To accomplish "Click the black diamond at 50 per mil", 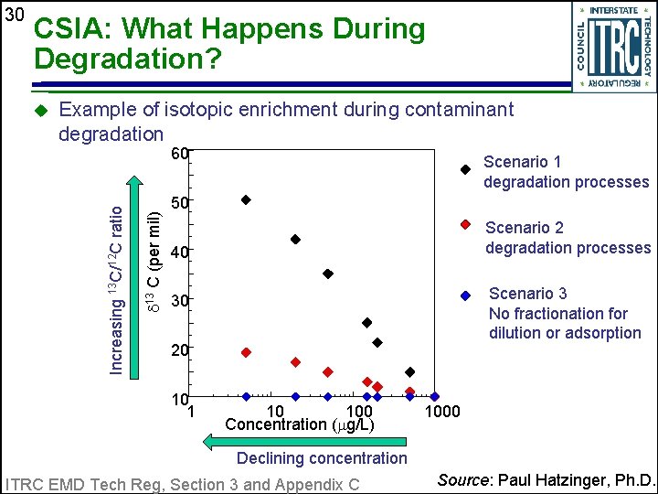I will [246, 199].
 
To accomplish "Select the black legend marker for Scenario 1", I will [465, 169].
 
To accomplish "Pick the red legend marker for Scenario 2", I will [465, 224].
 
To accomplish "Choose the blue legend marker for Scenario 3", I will [465, 295].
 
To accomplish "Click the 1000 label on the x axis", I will [443, 412].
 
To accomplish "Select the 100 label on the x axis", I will [359, 412].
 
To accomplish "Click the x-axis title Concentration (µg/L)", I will [299, 425].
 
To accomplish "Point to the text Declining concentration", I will [322, 458].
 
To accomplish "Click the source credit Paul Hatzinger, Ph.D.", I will [547, 480].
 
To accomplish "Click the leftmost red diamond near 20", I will [246, 352].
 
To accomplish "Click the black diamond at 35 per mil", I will [328, 274].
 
